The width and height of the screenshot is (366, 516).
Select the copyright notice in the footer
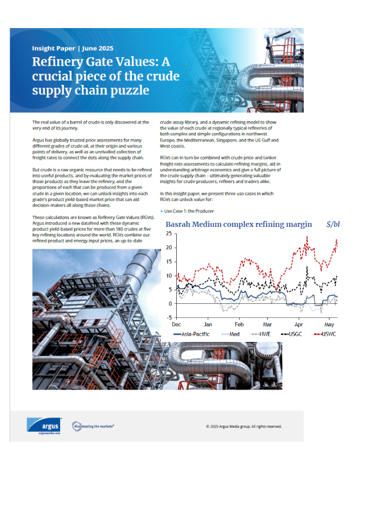click(244, 426)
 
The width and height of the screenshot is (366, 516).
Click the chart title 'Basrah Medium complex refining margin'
click(239, 225)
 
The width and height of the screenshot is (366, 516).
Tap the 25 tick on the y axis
click(168, 234)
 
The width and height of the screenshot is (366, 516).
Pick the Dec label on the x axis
click(176, 325)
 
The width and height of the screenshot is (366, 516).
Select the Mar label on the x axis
click(267, 325)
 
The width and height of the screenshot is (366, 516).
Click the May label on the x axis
click(329, 325)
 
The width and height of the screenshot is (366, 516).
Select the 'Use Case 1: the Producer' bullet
click(189, 211)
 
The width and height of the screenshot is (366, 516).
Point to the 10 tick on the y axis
click(168, 276)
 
